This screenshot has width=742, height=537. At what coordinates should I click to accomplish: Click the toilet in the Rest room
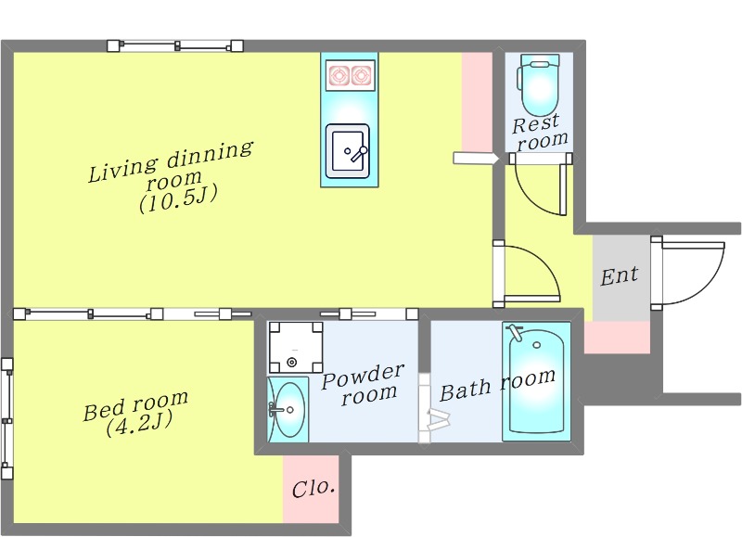point(539,84)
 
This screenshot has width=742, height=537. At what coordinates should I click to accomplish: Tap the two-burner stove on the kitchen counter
point(348,74)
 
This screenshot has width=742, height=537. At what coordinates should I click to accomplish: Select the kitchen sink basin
point(348,148)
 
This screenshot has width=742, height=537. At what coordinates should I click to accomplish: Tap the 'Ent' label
point(619,275)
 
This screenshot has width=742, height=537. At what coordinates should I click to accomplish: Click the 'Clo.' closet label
point(313,488)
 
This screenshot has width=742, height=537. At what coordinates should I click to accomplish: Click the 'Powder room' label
point(363,382)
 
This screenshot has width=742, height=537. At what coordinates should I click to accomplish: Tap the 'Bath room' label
point(497,384)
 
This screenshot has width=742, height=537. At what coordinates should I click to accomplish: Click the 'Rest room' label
point(539,131)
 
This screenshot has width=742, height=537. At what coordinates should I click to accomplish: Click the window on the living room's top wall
point(175,45)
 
